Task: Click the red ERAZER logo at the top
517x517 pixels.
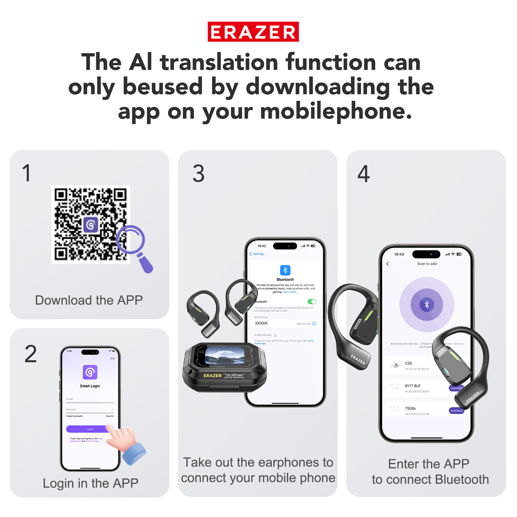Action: [x=253, y=32]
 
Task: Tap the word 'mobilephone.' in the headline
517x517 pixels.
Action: [x=336, y=111]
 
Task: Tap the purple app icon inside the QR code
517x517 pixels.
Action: [x=91, y=225]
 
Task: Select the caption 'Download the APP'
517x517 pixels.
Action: [x=89, y=300]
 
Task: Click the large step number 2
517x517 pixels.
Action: [x=31, y=354]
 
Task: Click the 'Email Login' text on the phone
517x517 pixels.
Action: [x=90, y=386]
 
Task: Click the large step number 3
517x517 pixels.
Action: [x=198, y=174]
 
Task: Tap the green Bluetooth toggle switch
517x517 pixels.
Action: [x=312, y=301]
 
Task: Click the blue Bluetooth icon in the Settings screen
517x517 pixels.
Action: [x=285, y=270]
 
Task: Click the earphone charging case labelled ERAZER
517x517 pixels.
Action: [x=225, y=368]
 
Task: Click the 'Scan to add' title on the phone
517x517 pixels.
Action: [x=427, y=264]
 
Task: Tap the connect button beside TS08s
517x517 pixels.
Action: [x=456, y=411]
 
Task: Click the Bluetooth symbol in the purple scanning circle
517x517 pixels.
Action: [x=427, y=304]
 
